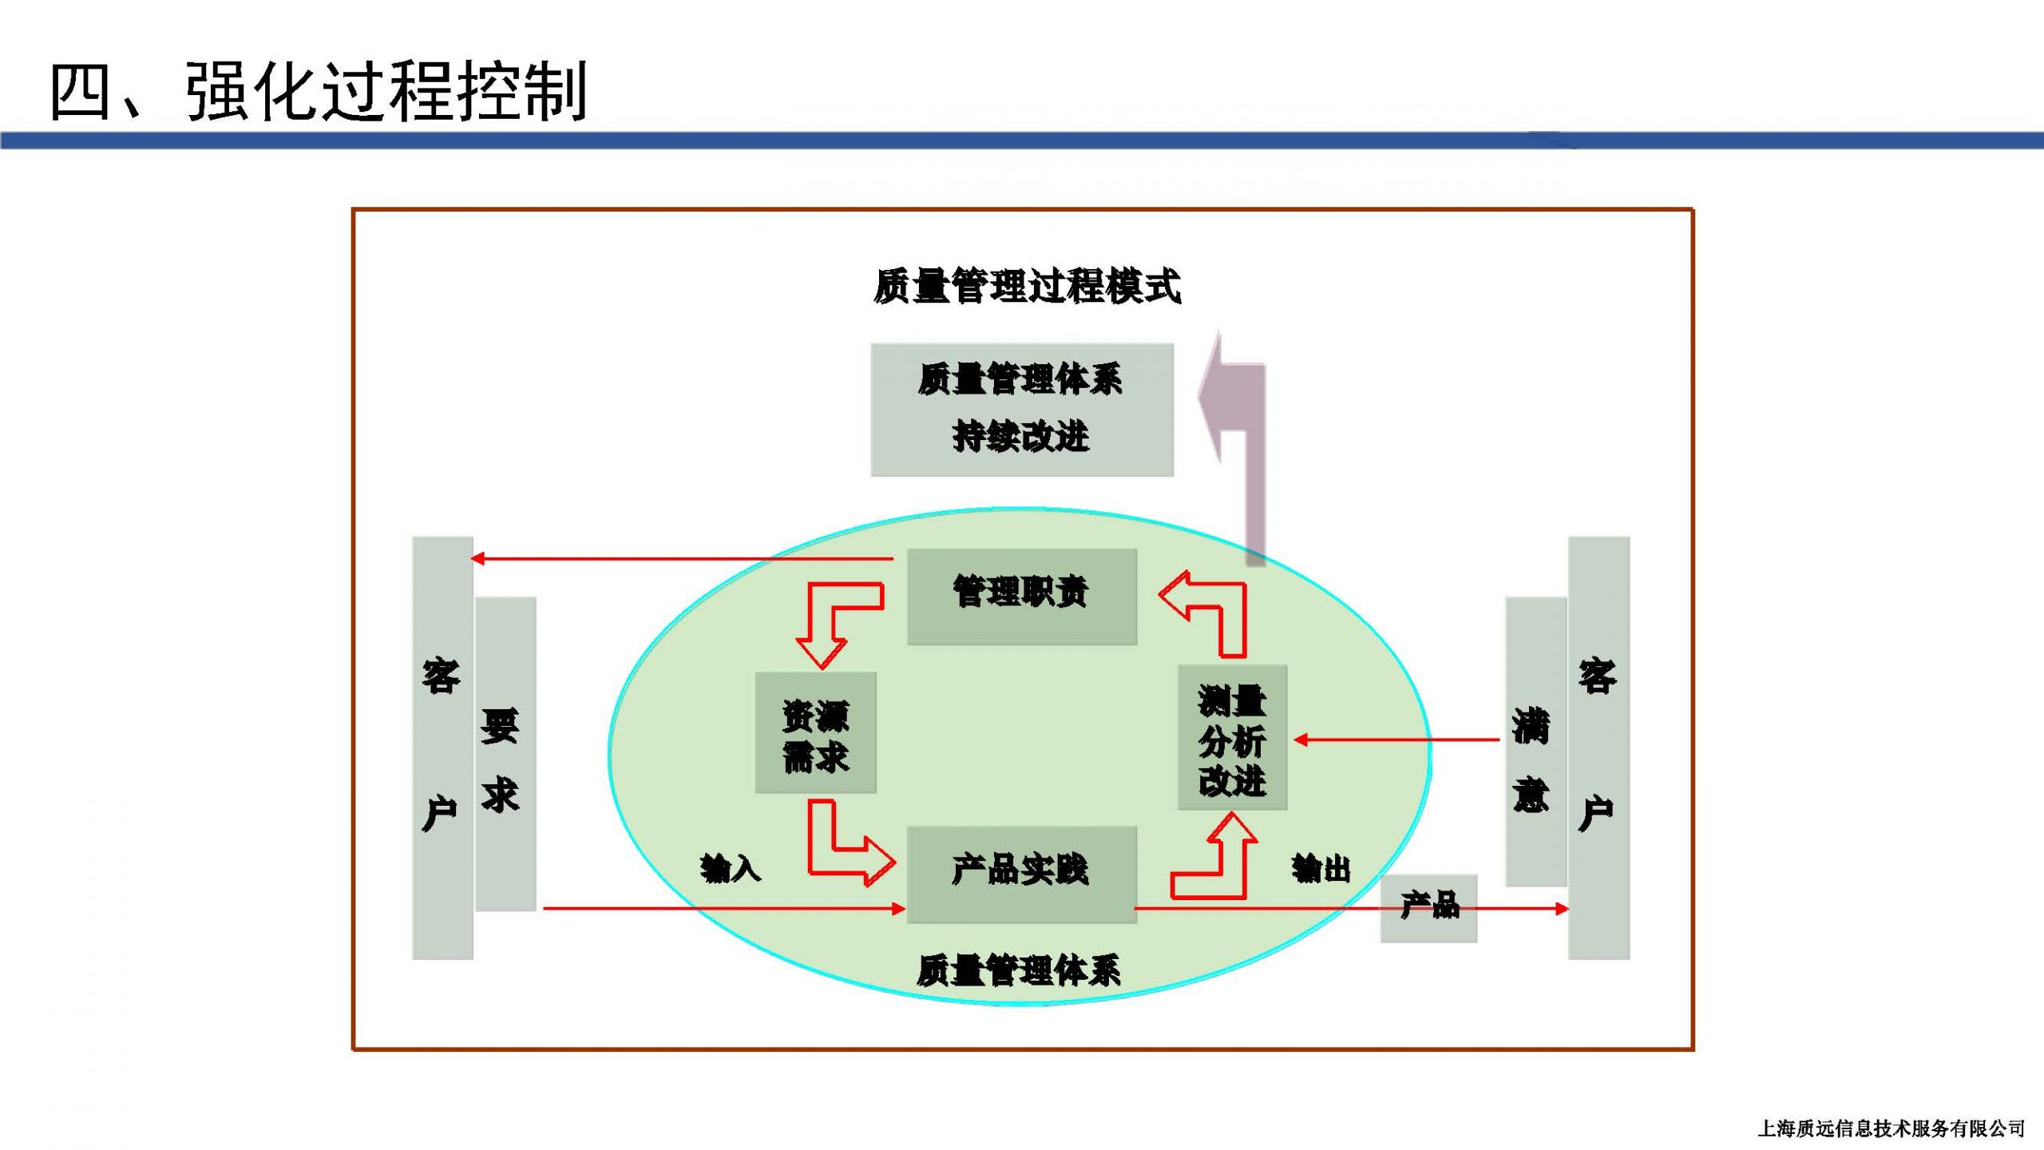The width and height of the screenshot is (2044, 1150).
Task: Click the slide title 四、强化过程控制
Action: point(319,92)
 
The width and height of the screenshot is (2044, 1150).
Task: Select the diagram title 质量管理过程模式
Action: point(1027,286)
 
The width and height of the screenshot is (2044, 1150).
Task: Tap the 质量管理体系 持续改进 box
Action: point(1022,410)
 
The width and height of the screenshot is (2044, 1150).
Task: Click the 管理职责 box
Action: point(1022,596)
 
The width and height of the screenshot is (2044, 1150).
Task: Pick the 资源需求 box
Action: point(816,732)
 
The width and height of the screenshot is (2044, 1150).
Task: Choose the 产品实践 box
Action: point(1022,874)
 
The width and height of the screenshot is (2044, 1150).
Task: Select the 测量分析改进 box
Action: point(1232,737)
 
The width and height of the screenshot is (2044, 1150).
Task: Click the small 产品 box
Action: point(1429,908)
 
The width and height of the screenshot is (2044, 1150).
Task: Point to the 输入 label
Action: point(730,868)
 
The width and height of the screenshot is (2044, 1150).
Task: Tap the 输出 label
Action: point(1321,868)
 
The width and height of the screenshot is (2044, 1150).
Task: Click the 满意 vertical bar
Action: point(1536,741)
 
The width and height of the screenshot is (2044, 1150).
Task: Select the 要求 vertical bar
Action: point(505,753)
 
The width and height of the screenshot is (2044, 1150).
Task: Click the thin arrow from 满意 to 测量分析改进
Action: point(1396,740)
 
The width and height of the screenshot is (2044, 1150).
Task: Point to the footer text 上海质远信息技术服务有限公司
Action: point(1891,1128)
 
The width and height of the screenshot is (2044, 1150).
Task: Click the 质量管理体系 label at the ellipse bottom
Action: point(1019,970)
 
